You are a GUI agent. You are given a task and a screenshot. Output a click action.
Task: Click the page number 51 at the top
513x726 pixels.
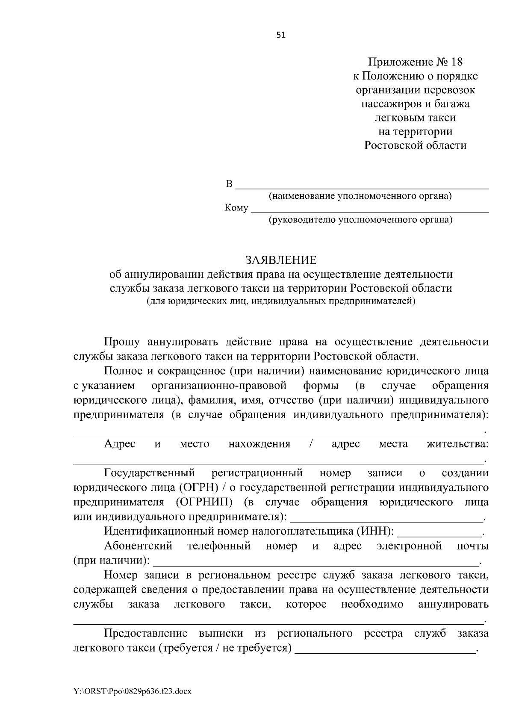[x=281, y=35]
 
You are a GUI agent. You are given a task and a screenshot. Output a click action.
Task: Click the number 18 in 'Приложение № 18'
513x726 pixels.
[x=456, y=62]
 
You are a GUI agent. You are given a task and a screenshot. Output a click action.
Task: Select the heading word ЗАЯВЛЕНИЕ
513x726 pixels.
[x=280, y=260]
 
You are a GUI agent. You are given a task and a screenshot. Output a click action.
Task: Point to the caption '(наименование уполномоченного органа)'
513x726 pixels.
[x=360, y=196]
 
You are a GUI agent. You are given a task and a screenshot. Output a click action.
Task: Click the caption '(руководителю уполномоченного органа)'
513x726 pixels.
[x=360, y=220]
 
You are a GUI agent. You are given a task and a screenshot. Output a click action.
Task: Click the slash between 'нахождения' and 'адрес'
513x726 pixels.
[x=311, y=444]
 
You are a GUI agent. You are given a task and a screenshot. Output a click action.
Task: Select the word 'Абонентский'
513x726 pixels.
[x=138, y=546]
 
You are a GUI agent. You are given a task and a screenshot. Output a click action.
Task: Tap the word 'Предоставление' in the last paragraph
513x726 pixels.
[x=146, y=633]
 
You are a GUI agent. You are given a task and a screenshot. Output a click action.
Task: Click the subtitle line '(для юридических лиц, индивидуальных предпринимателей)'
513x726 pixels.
[x=281, y=301]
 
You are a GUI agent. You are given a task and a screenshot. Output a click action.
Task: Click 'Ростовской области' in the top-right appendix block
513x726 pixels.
[x=415, y=145]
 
